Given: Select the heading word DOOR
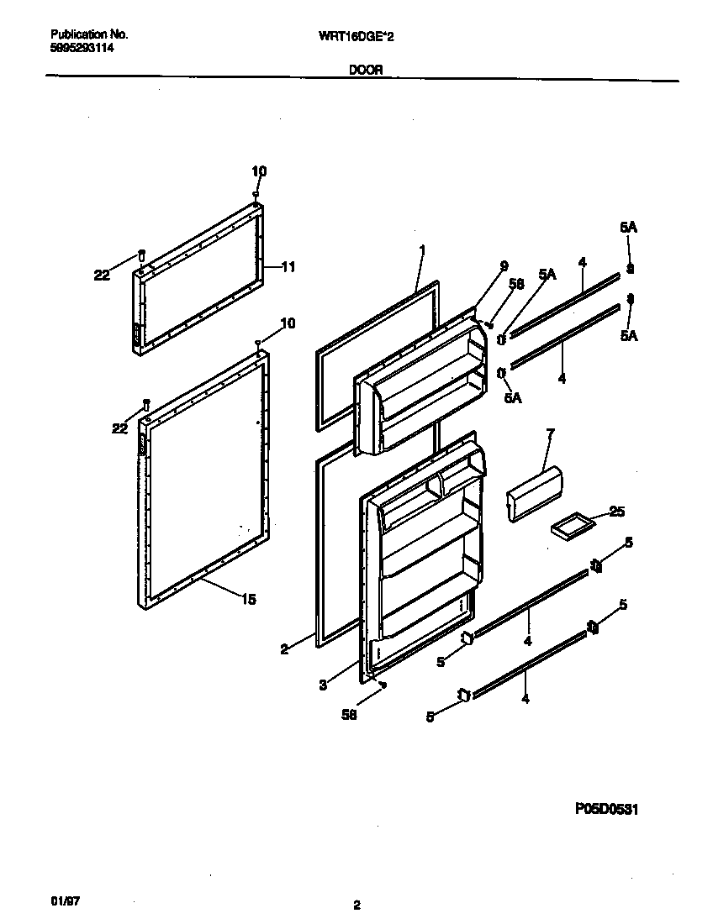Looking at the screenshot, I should point(366,71).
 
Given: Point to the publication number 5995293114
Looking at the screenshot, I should point(82,49).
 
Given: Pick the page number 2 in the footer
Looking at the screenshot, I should point(357,905).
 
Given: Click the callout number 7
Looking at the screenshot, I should point(551,434).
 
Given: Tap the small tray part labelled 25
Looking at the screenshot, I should point(571,527).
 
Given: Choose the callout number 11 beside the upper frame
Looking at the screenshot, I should point(288,267).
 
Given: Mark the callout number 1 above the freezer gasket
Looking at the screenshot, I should point(422,249).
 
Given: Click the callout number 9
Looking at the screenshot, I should point(504,266).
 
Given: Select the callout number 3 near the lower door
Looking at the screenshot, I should point(323,685).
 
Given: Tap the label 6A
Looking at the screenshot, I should point(512,398).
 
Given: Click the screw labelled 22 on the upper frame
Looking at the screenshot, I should point(141,255).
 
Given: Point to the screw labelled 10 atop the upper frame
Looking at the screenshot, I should point(256,195).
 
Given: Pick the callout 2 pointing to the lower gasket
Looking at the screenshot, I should point(284,648).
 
